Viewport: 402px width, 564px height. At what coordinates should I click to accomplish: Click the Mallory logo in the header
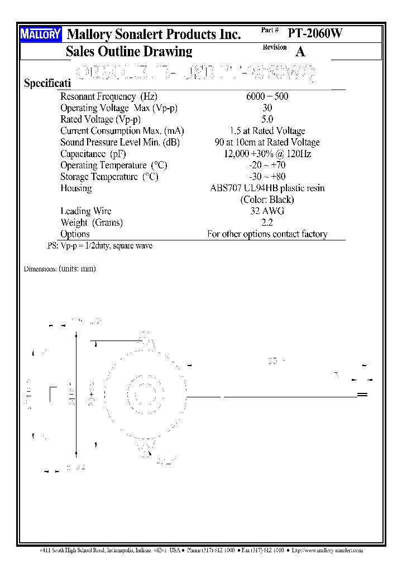40,35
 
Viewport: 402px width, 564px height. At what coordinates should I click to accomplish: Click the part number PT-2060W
315,33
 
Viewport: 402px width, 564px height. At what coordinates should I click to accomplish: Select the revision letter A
300,52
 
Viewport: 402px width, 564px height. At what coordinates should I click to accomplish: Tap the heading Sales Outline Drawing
129,52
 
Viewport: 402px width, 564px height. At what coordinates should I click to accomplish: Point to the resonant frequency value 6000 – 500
267,96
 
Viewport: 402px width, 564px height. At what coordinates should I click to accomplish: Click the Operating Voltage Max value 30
267,108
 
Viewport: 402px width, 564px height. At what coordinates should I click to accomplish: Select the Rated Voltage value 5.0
267,119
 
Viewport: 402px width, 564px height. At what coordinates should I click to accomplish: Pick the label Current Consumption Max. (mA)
122,131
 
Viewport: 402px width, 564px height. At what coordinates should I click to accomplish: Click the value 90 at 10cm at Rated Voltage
267,142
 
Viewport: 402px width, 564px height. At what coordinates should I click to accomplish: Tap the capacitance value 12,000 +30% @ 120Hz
267,154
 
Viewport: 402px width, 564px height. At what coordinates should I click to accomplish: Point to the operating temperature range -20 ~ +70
267,165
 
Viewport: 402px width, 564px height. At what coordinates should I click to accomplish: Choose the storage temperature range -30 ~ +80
267,177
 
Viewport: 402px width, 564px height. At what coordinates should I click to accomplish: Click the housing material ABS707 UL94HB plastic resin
267,188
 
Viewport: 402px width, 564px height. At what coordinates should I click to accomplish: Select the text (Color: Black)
267,200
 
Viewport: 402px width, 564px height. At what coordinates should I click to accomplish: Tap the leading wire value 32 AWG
267,211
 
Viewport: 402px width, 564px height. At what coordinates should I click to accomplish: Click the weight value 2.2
267,222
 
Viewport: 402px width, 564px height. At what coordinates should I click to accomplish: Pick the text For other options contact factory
267,234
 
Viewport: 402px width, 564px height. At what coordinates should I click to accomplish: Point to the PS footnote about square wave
100,246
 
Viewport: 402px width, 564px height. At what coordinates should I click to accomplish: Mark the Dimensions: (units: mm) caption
60,269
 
